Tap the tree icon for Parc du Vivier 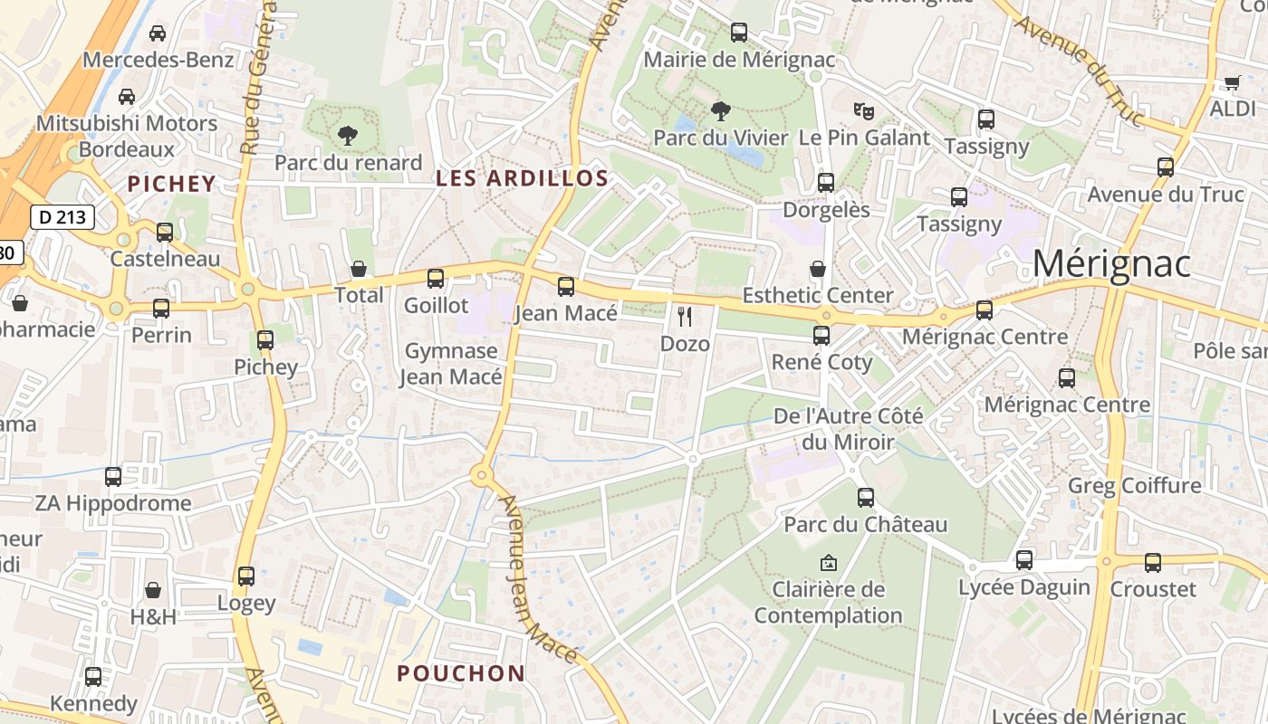(721, 111)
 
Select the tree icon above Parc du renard (347, 136)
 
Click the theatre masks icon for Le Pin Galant (864, 111)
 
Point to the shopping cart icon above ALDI (1232, 82)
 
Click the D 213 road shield (62, 217)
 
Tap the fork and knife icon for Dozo (685, 317)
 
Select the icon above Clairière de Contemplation (828, 563)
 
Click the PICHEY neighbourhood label (172, 184)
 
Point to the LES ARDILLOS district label (522, 178)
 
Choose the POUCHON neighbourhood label (461, 673)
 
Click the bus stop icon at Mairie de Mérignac (739, 33)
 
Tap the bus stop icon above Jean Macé (566, 287)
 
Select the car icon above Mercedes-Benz (158, 33)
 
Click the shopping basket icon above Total (359, 269)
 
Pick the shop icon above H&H (153, 590)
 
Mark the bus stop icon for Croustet (1153, 562)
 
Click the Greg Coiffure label (1134, 486)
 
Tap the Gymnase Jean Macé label (451, 364)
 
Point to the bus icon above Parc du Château (866, 497)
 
